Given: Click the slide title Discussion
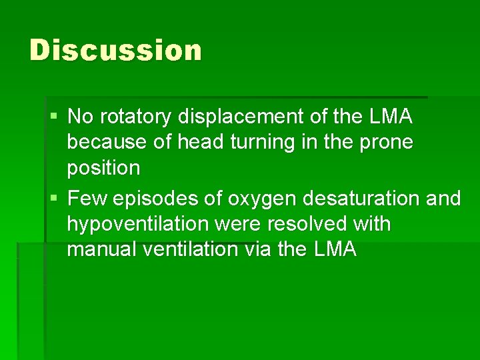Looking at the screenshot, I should [x=115, y=51].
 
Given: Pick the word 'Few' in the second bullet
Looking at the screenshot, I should [x=85, y=199].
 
